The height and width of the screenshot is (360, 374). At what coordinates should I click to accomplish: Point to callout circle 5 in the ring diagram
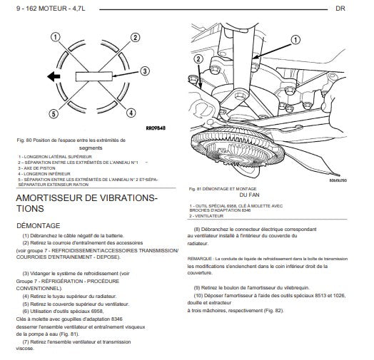[x=53, y=113]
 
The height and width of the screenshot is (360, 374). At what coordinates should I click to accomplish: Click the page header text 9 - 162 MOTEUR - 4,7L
[x=52, y=9]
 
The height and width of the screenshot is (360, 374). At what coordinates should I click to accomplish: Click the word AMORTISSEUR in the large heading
[x=59, y=197]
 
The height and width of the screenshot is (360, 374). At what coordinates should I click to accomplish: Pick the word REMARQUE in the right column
[x=206, y=258]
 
